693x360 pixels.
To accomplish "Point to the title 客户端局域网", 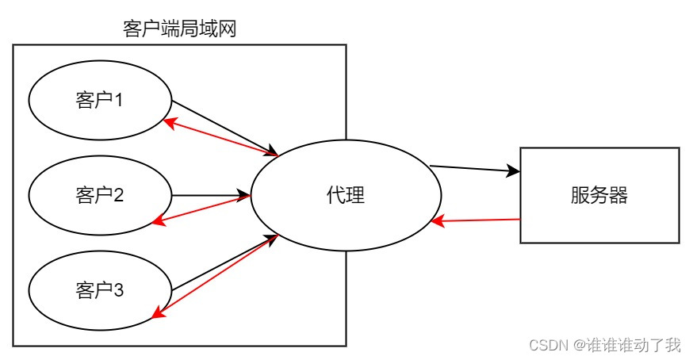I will click(180, 30).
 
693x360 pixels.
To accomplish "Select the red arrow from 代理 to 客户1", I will click(218, 137).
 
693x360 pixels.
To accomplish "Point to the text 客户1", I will click(100, 101).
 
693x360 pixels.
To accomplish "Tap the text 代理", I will click(346, 195).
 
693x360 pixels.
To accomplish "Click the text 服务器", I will click(599, 195).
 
